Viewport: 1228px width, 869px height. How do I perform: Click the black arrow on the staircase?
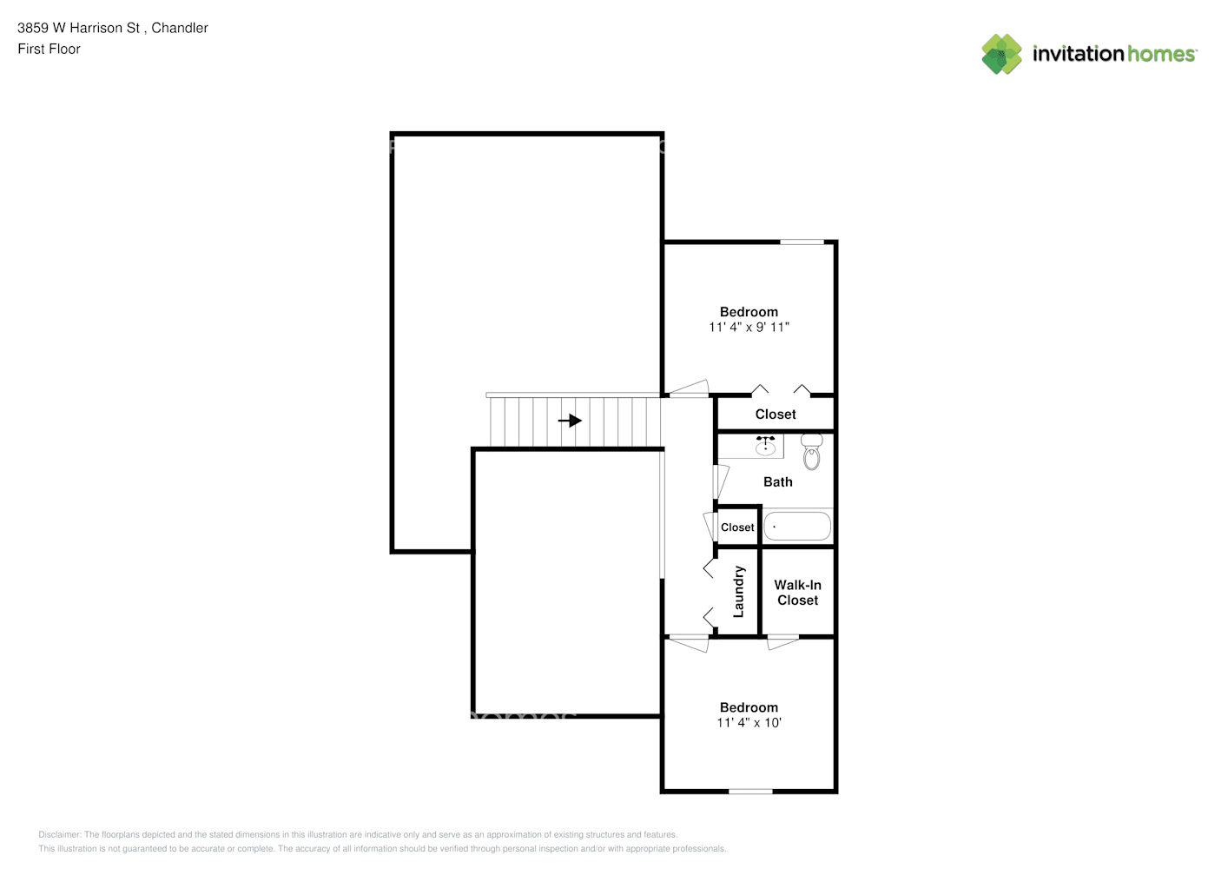pos(570,421)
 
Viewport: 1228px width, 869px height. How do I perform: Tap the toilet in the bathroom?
pos(811,452)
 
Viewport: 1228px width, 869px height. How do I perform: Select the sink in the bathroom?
pos(765,446)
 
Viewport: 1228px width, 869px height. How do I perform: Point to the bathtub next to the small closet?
pos(797,527)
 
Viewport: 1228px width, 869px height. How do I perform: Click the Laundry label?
pos(738,592)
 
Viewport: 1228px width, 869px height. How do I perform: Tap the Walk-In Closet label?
pos(797,593)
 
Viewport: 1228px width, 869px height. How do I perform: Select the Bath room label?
pos(778,481)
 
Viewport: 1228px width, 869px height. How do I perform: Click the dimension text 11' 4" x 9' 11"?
pos(749,327)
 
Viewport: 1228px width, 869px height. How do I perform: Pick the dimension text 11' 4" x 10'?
pos(749,722)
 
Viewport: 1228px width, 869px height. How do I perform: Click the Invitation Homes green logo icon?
pos(1001,54)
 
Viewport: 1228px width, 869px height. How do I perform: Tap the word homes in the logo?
pos(1161,54)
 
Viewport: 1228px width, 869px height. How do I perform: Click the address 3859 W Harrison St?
pos(78,28)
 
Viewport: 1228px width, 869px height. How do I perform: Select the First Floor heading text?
pos(49,49)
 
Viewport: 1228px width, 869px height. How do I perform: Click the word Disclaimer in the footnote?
pos(60,834)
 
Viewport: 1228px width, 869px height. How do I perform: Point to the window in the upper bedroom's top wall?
pos(802,242)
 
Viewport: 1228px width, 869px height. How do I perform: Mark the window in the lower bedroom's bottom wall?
pos(750,791)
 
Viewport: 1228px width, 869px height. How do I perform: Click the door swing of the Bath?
pos(721,481)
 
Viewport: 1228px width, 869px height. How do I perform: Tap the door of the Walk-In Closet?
pos(782,642)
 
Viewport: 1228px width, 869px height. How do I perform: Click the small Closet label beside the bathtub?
pos(737,527)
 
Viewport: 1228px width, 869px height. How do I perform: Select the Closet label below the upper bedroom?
pos(776,415)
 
